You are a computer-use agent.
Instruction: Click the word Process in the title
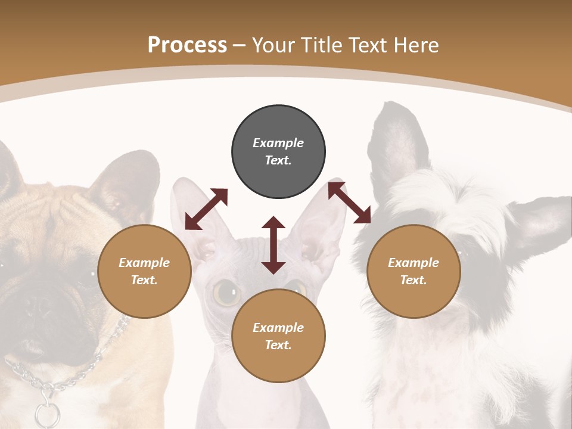187,45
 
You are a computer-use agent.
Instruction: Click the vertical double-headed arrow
273,245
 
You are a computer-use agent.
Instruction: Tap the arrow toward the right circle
349,203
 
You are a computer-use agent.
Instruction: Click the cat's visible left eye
226,292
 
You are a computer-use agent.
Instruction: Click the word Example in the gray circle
278,143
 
